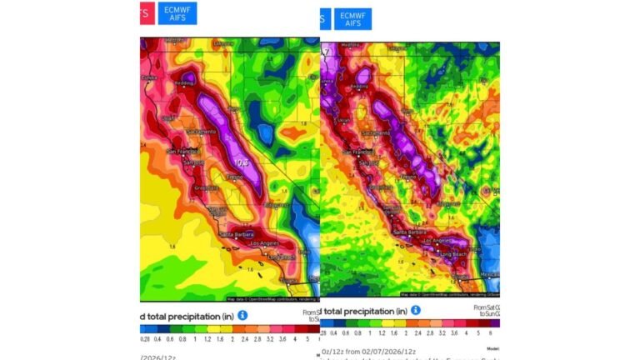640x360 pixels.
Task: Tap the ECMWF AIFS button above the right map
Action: click(x=352, y=19)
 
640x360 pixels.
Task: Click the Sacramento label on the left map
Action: click(x=202, y=132)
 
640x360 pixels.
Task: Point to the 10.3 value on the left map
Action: click(x=243, y=162)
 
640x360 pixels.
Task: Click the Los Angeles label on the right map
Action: click(x=436, y=241)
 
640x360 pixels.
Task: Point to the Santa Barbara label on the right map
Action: click(x=408, y=232)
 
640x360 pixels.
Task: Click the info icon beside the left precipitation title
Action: click(x=242, y=315)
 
